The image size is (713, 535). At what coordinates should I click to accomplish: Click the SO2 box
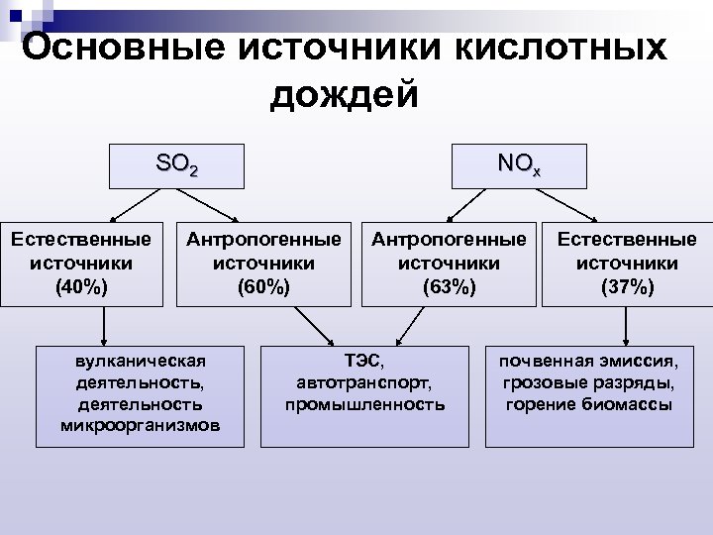click(x=177, y=165)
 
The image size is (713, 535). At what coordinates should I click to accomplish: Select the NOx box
click(x=520, y=165)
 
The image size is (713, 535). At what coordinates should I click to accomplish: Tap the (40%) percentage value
click(x=82, y=287)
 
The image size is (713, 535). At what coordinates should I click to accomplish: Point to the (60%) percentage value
click(x=263, y=287)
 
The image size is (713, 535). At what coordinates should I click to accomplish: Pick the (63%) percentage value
click(x=449, y=287)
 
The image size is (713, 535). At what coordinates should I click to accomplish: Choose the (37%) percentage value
click(x=627, y=287)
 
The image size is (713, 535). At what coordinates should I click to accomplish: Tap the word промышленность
click(x=364, y=404)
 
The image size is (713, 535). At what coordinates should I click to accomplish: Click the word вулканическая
click(x=140, y=361)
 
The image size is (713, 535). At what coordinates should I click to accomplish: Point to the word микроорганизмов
click(x=140, y=426)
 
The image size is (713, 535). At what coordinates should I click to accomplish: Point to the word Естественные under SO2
click(x=82, y=240)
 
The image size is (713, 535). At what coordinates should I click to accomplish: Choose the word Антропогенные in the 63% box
click(x=449, y=240)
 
